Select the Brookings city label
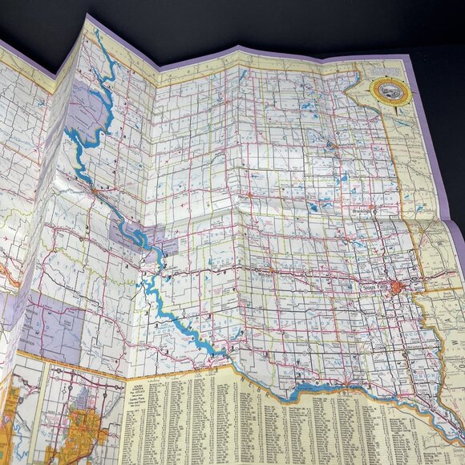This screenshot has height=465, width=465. pyautogui.click(x=363, y=208)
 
